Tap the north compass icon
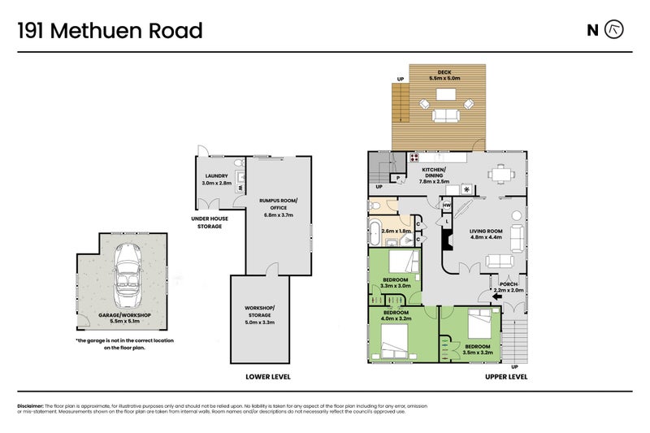tap(616, 30)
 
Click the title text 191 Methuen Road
tap(110, 31)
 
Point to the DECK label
tap(444, 72)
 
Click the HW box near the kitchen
tap(447, 206)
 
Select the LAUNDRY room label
tap(217, 176)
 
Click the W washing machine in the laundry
tap(240, 188)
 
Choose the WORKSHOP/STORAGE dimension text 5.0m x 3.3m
tap(260, 322)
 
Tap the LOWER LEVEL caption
tap(268, 377)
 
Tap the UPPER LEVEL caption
tap(505, 377)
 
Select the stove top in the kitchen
tap(414, 158)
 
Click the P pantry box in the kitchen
tap(399, 177)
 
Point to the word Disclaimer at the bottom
tap(30, 405)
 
